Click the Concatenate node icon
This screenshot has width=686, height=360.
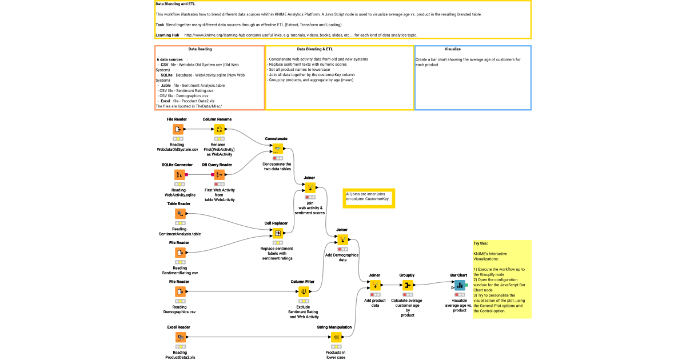276,147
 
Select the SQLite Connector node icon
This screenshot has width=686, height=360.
179,174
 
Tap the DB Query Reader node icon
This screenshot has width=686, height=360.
219,174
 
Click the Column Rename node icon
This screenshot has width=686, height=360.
219,129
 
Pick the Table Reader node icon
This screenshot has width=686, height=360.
180,213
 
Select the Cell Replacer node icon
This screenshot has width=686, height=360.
277,233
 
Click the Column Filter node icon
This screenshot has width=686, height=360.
304,291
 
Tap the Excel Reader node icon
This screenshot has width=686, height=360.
180,337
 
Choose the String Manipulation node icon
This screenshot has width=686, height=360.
336,337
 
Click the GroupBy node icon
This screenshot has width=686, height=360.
408,285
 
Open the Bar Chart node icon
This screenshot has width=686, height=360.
460,285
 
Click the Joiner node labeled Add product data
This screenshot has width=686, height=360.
375,285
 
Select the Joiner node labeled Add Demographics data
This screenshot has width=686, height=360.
342,239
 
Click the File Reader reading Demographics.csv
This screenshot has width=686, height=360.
180,291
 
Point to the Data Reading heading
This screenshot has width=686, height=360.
200,49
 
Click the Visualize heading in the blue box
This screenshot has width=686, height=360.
453,49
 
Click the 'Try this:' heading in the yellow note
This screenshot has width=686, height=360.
480,243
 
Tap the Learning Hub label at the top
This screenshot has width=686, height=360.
167,35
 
